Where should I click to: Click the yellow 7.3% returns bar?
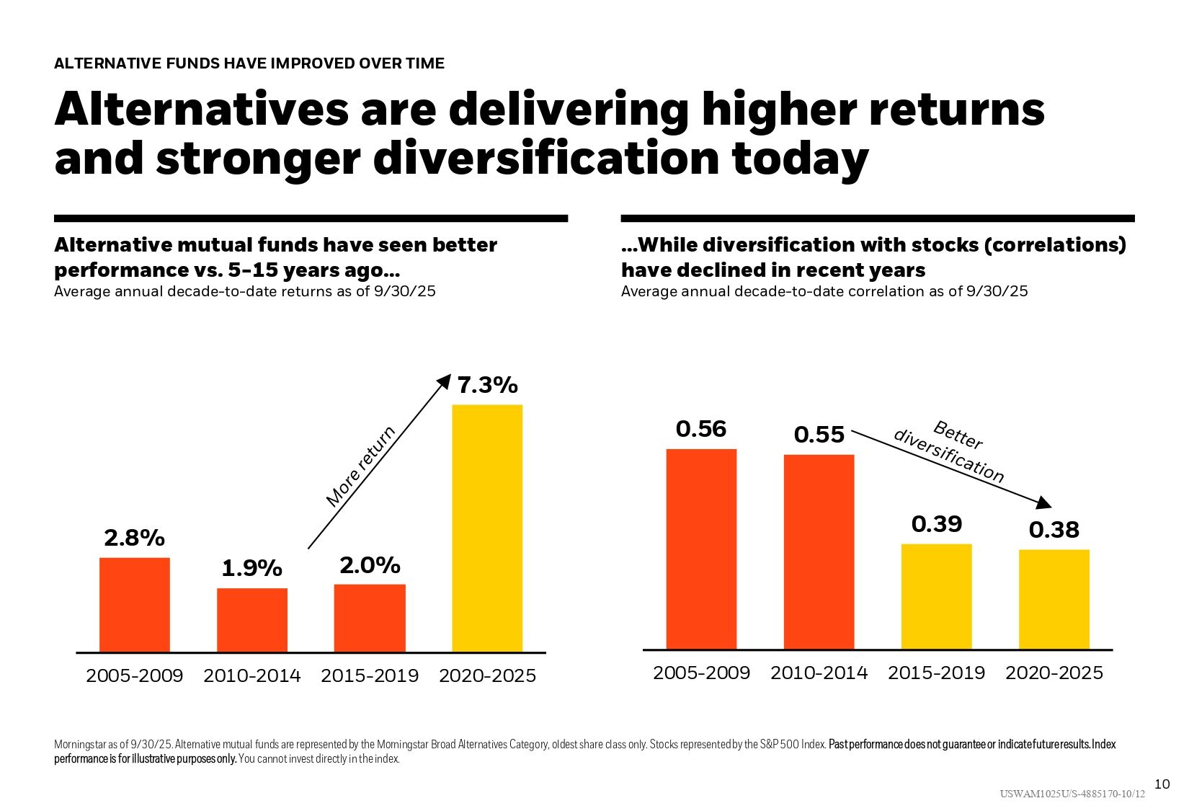[487, 528]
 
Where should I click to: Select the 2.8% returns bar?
[135, 605]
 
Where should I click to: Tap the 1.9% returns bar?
[252, 620]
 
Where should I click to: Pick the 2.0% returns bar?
[370, 618]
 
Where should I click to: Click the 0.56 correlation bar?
[701, 549]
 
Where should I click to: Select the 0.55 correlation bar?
[819, 551]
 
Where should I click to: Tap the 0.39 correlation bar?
[936, 596]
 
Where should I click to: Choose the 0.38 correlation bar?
[1054, 599]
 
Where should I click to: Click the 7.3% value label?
[488, 386]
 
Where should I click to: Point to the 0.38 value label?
[1054, 531]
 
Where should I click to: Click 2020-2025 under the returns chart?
[487, 676]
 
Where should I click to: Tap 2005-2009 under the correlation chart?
[701, 673]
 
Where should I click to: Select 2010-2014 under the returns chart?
[252, 676]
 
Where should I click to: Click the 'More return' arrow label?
[361, 466]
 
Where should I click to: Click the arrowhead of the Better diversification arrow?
[1044, 502]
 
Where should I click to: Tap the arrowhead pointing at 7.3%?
[444, 381]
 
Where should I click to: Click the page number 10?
[1162, 784]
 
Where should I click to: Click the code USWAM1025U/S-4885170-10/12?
[1072, 794]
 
